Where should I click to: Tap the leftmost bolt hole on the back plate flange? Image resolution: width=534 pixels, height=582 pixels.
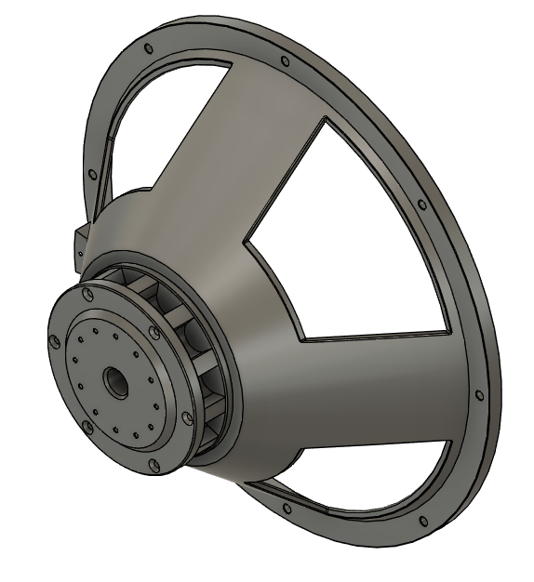click(54, 341)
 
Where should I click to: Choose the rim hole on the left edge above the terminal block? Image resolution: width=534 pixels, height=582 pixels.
click(91, 173)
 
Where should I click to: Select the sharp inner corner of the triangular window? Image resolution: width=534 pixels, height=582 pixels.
click(246, 241)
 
